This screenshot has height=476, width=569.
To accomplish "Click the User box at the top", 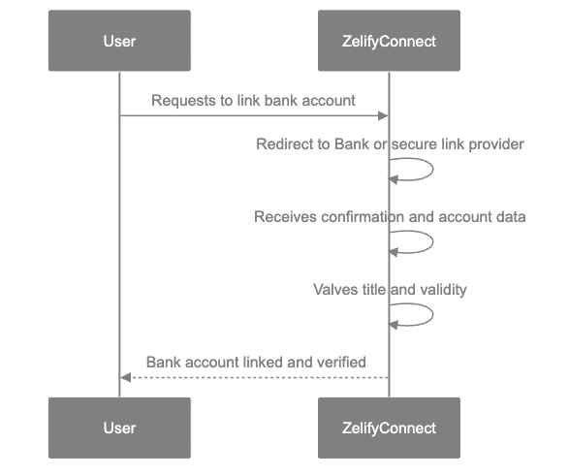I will click(x=119, y=41).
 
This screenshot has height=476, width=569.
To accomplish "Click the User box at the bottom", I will click(x=119, y=428).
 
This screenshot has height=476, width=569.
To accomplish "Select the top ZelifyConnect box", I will click(x=389, y=41).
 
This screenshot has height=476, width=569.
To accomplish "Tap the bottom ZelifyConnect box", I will click(x=389, y=428).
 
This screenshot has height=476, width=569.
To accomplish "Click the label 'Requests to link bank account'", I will click(x=253, y=101).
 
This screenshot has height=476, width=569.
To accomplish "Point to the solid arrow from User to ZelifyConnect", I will click(x=252, y=116).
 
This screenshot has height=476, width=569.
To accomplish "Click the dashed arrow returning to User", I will click(x=252, y=378).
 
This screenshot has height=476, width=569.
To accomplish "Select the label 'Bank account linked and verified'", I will click(x=255, y=363).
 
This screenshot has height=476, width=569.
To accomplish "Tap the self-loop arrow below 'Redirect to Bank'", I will click(x=423, y=171).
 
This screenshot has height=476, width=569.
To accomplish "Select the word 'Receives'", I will click(x=283, y=217).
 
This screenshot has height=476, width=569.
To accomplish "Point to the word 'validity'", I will click(x=443, y=290).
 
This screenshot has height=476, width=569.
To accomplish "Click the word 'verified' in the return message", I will click(x=341, y=363).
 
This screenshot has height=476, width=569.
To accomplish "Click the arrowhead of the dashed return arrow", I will click(x=124, y=378).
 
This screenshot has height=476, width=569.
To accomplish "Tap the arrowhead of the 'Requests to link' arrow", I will click(x=384, y=116).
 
